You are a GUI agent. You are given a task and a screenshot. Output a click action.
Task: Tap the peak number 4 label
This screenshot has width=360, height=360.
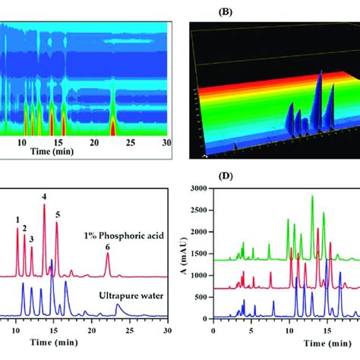point(44,197)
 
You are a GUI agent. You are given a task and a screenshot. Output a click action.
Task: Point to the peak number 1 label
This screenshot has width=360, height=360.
point(17,220)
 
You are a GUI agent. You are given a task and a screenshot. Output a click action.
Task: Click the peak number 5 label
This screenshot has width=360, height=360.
point(58,215)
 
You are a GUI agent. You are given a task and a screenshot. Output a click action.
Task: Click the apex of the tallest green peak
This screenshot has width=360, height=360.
point(312,196)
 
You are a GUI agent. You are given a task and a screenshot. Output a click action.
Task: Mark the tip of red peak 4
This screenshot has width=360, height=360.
point(44,206)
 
